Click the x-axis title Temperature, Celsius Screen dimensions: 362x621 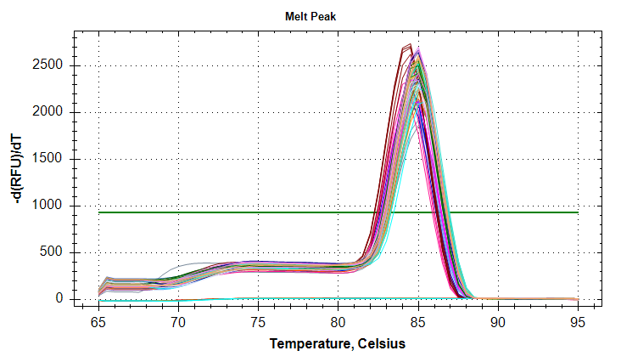pos(338,344)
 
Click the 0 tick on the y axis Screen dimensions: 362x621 pos(59,299)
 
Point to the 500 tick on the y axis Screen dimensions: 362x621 pos(53,252)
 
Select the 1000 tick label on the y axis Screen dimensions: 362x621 pos(49,206)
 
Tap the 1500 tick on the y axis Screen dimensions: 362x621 pos(49,159)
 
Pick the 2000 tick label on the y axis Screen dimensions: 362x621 pos(49,112)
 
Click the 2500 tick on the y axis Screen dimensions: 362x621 pos(49,65)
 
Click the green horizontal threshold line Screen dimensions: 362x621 pos(255,212)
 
